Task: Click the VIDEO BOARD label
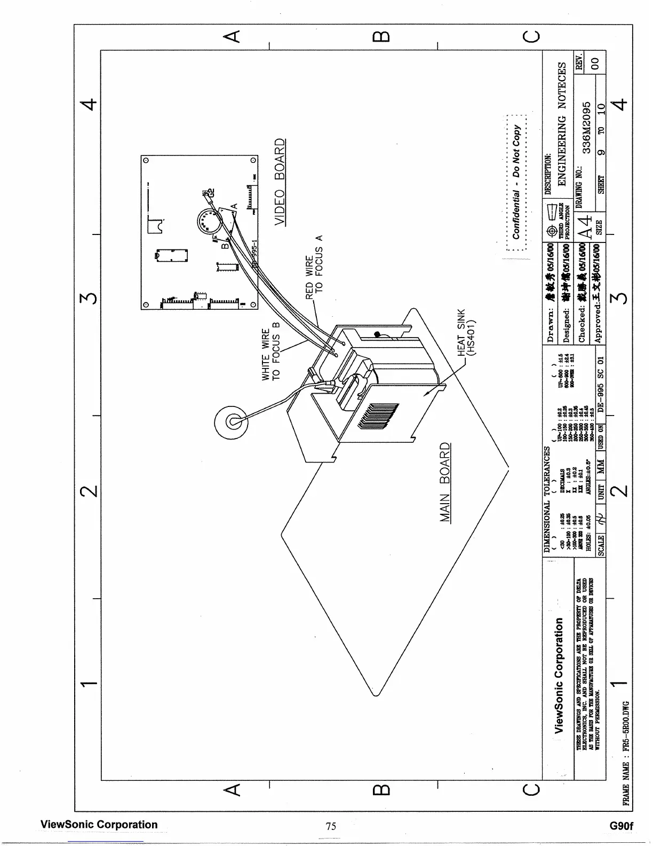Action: click(x=280, y=182)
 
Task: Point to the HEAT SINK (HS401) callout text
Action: click(x=468, y=332)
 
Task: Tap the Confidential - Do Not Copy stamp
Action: click(x=516, y=182)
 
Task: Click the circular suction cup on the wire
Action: click(x=230, y=421)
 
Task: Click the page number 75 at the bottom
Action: click(x=331, y=826)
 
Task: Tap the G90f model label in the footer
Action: click(x=621, y=826)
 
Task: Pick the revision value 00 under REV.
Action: click(x=598, y=61)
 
